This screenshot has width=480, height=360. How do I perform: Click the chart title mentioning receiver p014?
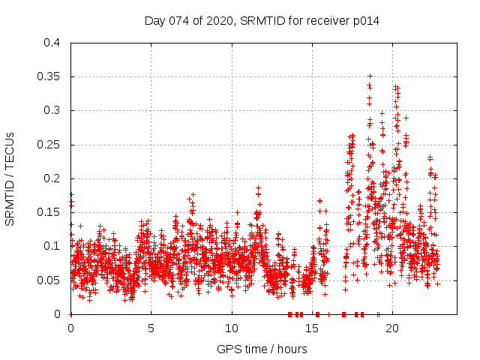coord(262,21)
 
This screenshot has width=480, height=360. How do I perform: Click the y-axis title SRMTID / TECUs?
coord(10,178)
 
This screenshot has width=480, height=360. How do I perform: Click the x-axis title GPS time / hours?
coord(262,349)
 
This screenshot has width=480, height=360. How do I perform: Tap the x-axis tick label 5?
coord(151,328)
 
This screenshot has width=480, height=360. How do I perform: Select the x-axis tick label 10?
coord(231,328)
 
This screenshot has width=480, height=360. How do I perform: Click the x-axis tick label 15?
coord(311,328)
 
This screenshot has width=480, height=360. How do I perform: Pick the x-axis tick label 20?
coord(391,328)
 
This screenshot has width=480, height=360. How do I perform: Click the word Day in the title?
coord(154,21)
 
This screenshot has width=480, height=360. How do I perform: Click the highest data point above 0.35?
coord(370,76)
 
